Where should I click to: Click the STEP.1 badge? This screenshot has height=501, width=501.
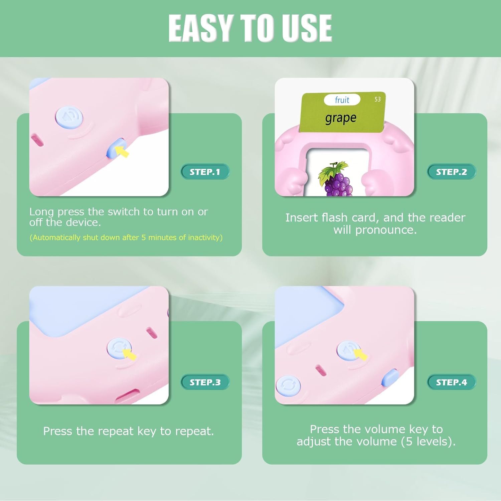coord(205,172)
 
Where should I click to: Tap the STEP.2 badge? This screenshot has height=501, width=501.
coord(452,172)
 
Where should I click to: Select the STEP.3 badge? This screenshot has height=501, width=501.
coord(205,382)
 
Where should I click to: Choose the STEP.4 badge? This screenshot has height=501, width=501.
coord(452,382)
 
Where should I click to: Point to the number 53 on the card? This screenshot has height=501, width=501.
coord(377,99)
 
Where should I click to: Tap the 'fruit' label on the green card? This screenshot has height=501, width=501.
coord(342,100)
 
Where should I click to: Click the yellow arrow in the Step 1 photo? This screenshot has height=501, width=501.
coord(122,151)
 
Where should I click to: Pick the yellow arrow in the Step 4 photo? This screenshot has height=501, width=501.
coord(360,354)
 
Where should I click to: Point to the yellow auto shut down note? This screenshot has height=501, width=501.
coord(126,237)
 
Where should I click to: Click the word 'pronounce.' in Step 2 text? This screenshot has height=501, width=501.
coord(386,230)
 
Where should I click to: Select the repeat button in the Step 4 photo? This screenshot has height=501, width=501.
coord(288,386)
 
